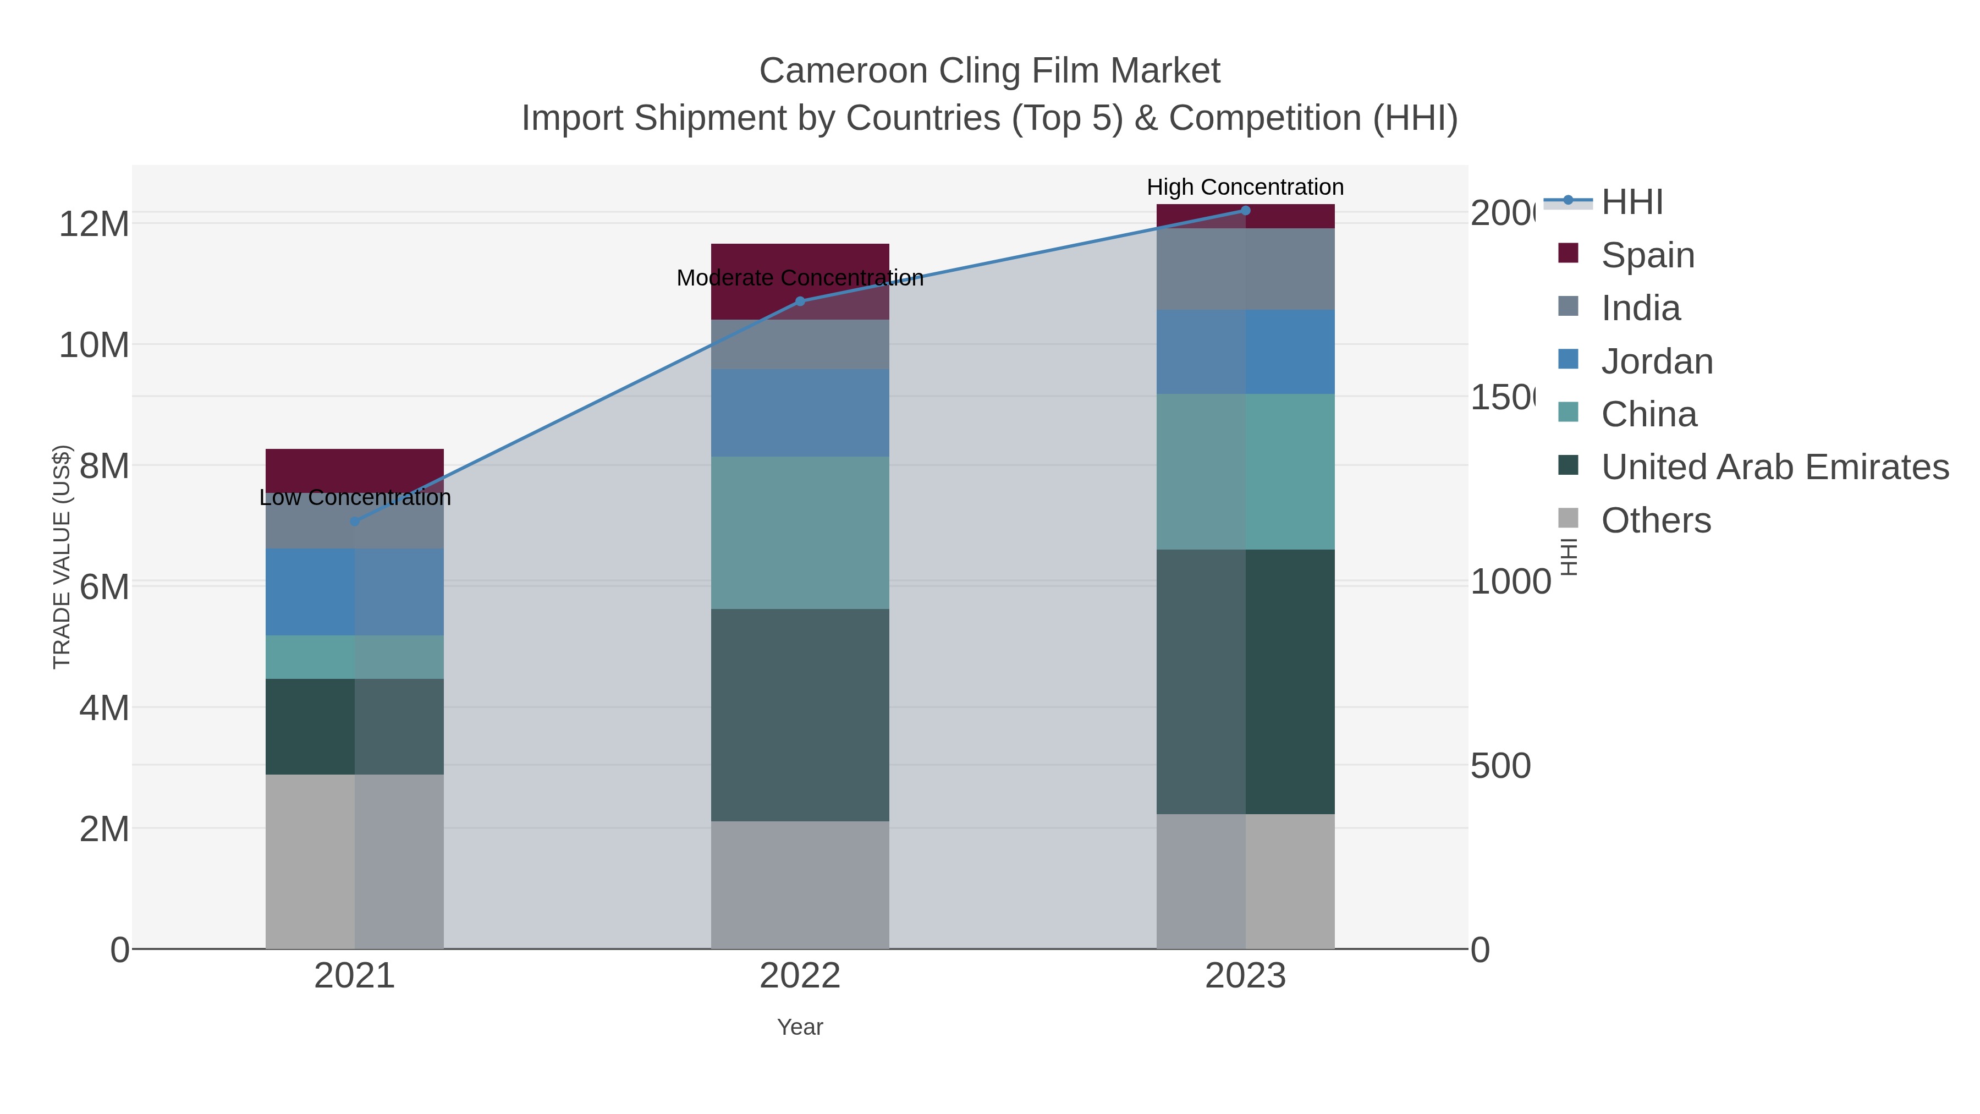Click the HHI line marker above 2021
click(354, 522)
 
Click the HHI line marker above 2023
click(1245, 211)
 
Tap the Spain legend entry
click(1647, 255)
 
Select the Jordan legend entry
click(1657, 361)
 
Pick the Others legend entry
click(1656, 520)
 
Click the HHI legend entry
click(1632, 202)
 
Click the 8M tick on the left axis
click(105, 466)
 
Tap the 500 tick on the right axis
click(1500, 766)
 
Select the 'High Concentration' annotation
click(1245, 188)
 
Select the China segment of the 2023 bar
click(1245, 471)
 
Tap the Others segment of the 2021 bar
click(354, 861)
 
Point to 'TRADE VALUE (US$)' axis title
click(62, 557)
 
